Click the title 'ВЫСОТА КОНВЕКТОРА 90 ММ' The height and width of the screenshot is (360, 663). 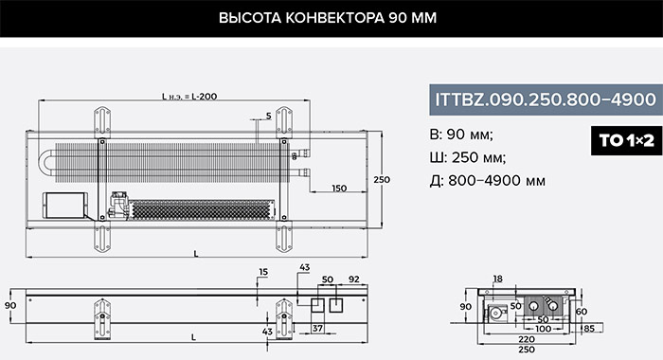pyautogui.click(x=328, y=18)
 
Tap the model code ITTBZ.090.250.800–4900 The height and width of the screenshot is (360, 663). pyautogui.click(x=546, y=99)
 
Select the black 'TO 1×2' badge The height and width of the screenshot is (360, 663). pyautogui.click(x=627, y=140)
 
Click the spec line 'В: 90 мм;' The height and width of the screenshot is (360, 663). pyautogui.click(x=461, y=135)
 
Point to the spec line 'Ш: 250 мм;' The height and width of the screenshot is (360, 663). pyautogui.click(x=468, y=158)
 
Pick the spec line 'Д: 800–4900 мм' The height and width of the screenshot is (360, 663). pyautogui.click(x=487, y=181)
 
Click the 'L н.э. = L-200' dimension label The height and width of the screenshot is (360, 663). pyautogui.click(x=189, y=97)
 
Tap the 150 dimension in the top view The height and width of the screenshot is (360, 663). pyautogui.click(x=339, y=189)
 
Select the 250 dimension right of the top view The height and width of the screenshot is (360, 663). pyautogui.click(x=382, y=180)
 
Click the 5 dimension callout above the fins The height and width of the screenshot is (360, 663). pyautogui.click(x=268, y=116)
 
